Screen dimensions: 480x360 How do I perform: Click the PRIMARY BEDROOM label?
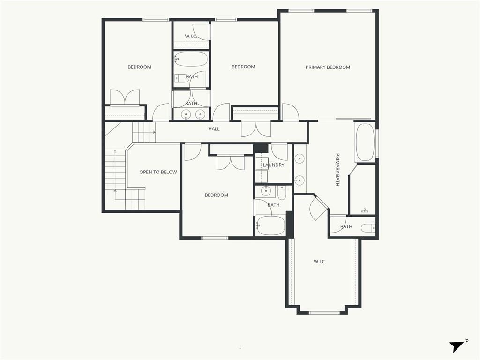click(328, 67)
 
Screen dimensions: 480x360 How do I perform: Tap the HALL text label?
click(214, 129)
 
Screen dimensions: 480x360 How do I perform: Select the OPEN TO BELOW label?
click(158, 172)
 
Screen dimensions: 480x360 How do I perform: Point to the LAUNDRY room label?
click(273, 165)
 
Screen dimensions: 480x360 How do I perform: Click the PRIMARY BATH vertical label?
click(337, 170)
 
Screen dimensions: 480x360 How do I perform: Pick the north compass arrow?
click(457, 346)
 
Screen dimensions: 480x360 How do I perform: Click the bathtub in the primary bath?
click(365, 142)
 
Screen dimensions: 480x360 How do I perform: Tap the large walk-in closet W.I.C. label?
click(320, 262)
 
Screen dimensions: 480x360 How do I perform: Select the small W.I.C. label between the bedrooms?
click(190, 36)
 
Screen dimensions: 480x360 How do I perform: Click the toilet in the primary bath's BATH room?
click(367, 228)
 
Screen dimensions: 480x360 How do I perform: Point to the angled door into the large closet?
click(318, 208)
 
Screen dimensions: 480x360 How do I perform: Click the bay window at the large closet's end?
click(324, 313)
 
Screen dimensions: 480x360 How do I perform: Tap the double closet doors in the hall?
click(256, 129)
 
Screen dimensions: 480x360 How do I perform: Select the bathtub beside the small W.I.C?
click(191, 59)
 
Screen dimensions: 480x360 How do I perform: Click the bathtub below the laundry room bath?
click(270, 225)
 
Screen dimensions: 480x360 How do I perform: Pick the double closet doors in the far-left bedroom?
click(125, 98)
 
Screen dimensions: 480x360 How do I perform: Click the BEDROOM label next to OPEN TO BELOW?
click(216, 195)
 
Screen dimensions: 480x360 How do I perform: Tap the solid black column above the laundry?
click(261, 148)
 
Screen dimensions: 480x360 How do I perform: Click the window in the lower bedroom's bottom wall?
click(215, 238)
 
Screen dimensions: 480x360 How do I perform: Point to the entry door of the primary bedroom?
click(290, 112)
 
